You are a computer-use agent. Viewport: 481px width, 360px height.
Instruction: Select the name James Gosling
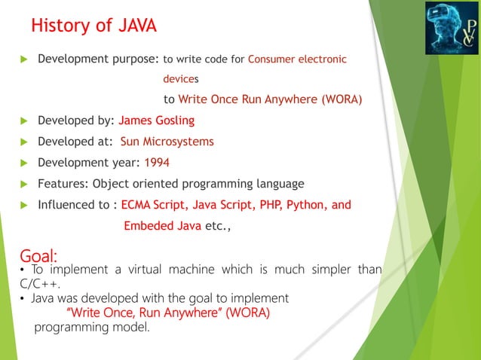(157, 120)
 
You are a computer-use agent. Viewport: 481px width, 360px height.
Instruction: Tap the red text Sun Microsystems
(167, 141)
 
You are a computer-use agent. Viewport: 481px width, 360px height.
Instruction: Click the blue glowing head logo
(451, 29)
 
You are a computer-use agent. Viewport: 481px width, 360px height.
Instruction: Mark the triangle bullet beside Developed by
(24, 121)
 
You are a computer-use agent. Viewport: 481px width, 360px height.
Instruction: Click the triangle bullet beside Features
(24, 184)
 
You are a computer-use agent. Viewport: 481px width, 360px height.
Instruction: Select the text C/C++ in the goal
(40, 284)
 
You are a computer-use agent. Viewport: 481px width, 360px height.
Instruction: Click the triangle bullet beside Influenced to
(24, 205)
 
